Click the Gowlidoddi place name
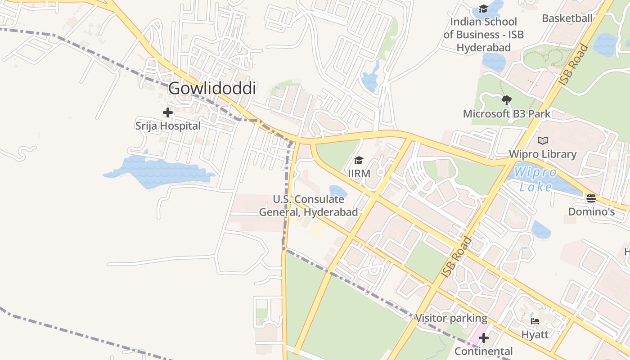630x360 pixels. (x=212, y=88)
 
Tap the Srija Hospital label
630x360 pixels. (x=168, y=126)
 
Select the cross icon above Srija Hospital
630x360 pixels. (x=168, y=112)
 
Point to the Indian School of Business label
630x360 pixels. (x=484, y=35)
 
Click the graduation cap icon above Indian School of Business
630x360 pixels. (x=484, y=9)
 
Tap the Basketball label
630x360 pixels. (x=567, y=18)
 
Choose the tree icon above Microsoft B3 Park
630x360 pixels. (x=507, y=100)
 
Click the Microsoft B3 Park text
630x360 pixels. (x=507, y=114)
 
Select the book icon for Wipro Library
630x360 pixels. (x=543, y=141)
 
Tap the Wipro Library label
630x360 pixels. (x=543, y=154)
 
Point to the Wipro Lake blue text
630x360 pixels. (x=535, y=179)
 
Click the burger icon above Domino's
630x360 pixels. (x=591, y=198)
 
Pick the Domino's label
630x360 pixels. (x=591, y=211)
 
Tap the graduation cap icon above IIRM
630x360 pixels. (x=359, y=160)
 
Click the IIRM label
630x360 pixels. (x=359, y=173)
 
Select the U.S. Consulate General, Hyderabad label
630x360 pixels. (x=309, y=206)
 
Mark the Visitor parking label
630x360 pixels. (x=451, y=319)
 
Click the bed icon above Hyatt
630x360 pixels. (x=535, y=321)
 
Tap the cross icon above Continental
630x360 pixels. (x=484, y=338)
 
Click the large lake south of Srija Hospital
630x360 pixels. (x=157, y=171)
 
